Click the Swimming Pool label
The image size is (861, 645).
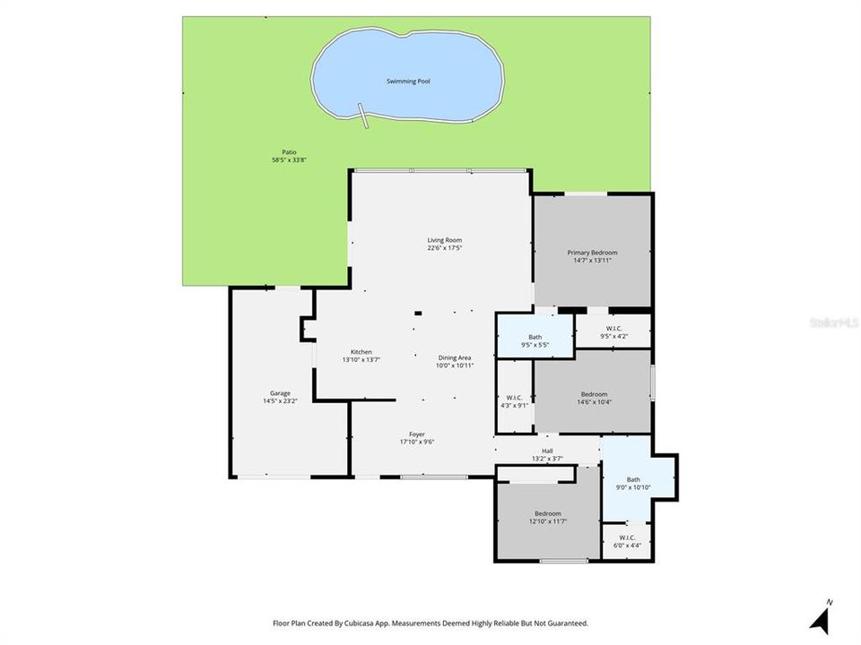[x=408, y=82]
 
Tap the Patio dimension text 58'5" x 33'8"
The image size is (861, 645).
[x=283, y=159]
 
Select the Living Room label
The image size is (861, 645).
[x=444, y=240]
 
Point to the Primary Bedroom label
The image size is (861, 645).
[x=592, y=253]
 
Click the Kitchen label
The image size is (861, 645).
[x=361, y=352]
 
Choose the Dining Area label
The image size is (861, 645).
[x=454, y=357]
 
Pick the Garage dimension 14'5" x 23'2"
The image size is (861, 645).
[x=281, y=401]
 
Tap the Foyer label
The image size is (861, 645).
[x=417, y=434]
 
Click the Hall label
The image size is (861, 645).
[x=547, y=451]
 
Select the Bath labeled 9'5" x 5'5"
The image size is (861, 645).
[x=535, y=337]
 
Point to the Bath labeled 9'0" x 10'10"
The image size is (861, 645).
[x=633, y=479]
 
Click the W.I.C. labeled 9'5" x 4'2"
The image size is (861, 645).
[x=614, y=328]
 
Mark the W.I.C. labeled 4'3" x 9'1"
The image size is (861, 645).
[x=514, y=398]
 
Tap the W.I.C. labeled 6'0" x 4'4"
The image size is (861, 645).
[x=627, y=537]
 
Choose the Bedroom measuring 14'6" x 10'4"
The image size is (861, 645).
[x=594, y=394]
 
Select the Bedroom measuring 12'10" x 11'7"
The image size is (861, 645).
[x=547, y=513]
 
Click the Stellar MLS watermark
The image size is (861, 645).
[x=832, y=320]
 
